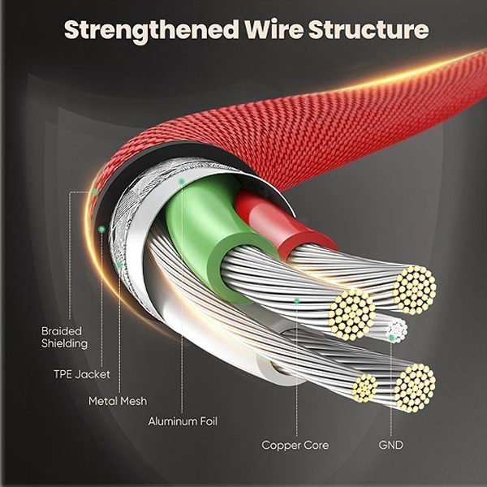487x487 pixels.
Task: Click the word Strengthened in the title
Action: click(x=150, y=31)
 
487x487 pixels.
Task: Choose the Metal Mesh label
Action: click(x=115, y=401)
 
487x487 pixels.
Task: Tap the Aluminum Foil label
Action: click(x=183, y=421)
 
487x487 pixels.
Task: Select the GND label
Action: click(x=390, y=445)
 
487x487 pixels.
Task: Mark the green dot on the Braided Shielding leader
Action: click(x=94, y=192)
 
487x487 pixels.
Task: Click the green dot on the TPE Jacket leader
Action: click(x=101, y=230)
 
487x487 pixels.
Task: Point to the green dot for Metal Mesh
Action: click(x=119, y=264)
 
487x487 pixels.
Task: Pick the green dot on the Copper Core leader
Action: click(x=295, y=300)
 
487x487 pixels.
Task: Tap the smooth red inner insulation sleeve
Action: click(x=268, y=223)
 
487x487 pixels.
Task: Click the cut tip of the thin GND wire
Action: click(x=395, y=327)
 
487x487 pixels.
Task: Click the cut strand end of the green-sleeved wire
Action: click(x=351, y=310)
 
